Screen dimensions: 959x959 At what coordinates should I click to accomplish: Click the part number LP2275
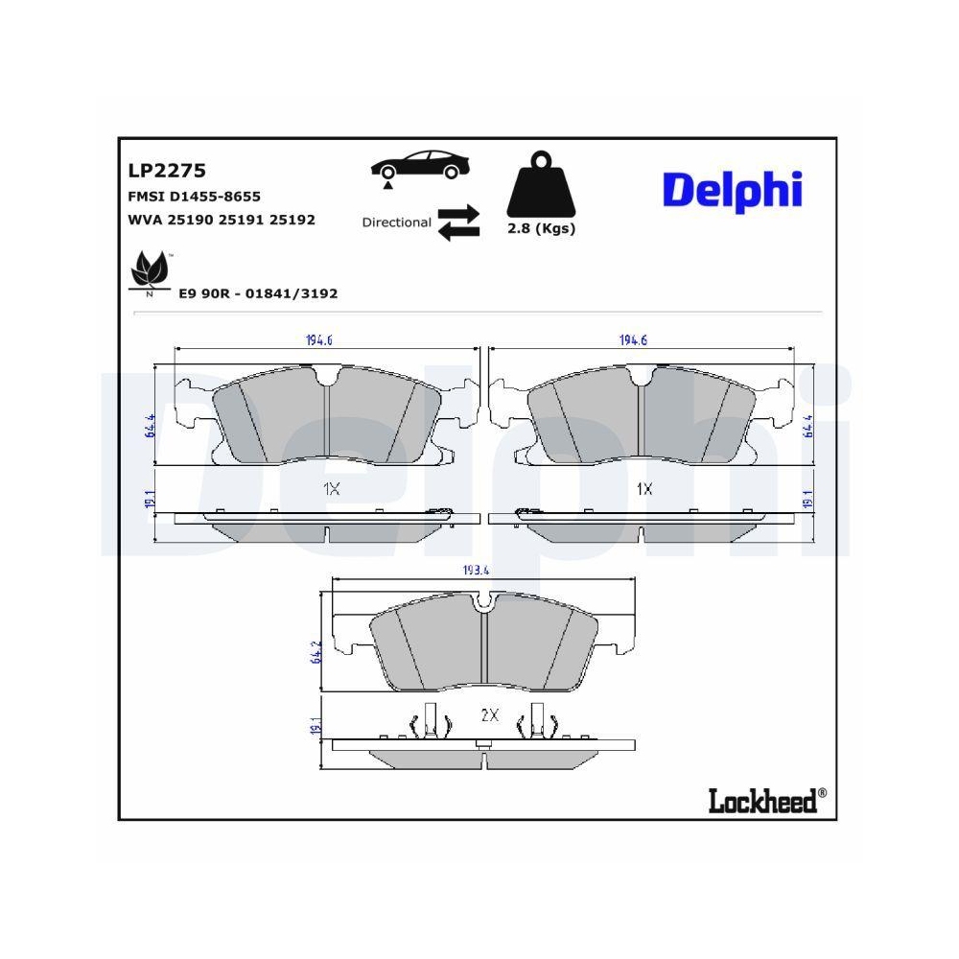tap(167, 171)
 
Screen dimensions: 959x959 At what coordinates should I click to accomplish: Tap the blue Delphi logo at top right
tap(732, 190)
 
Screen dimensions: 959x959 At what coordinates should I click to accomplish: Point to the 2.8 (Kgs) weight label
tap(541, 228)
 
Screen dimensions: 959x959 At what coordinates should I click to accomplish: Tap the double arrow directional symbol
tap(457, 222)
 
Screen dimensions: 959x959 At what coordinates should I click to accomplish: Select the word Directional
tap(396, 222)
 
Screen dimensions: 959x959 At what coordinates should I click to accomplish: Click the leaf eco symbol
tap(148, 272)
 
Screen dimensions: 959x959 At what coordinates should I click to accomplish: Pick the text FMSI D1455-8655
tap(194, 196)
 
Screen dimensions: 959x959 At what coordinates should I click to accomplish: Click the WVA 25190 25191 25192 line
tap(222, 220)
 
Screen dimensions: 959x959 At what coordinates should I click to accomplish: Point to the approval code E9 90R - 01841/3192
tap(258, 293)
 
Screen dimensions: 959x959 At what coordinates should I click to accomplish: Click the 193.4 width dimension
tap(477, 571)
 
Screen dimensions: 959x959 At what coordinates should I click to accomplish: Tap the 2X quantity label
tap(489, 715)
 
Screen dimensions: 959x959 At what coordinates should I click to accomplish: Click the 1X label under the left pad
tap(331, 489)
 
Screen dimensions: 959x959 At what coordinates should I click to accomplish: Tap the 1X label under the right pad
tap(644, 489)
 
